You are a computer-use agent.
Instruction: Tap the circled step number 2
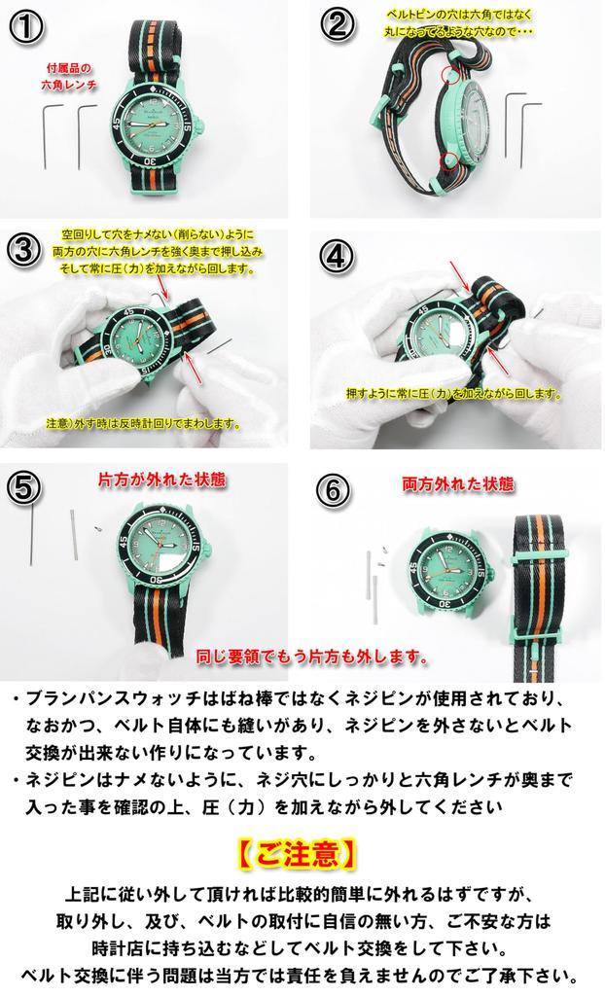337,23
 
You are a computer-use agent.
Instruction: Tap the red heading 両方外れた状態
445,483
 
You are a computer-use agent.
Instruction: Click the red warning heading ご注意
297,853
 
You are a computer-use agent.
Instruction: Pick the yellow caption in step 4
453,394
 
